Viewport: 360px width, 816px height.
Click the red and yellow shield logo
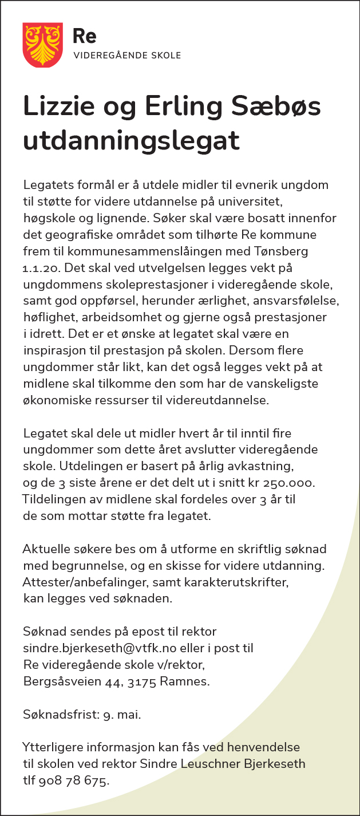42,45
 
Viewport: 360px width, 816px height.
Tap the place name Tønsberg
276,251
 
